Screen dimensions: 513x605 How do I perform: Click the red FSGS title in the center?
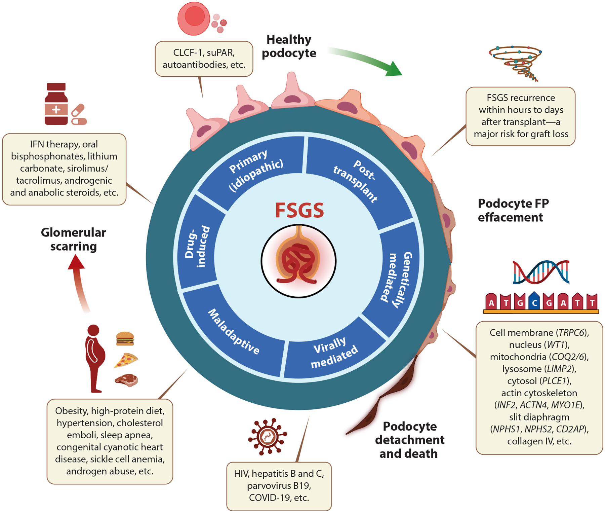click(299, 211)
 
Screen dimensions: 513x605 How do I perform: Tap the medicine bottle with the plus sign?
click(56, 105)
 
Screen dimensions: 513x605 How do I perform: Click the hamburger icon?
click(125, 338)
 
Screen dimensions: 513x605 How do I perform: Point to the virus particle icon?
click(267, 437)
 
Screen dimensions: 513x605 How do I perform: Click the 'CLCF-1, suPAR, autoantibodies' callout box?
click(204, 59)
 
